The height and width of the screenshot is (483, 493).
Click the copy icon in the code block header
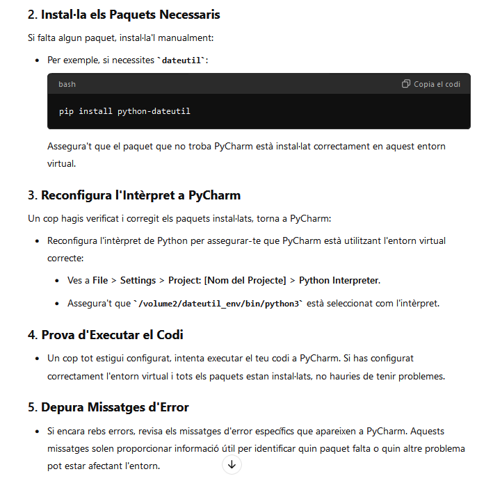click(406, 84)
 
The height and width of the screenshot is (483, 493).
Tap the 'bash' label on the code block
click(67, 84)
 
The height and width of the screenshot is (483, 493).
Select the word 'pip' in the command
click(66, 111)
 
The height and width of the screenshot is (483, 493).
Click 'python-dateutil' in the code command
click(154, 111)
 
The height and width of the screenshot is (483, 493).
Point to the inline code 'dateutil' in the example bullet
click(183, 60)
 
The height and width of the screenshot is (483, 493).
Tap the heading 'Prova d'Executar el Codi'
click(112, 335)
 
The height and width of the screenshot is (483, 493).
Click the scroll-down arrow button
click(232, 465)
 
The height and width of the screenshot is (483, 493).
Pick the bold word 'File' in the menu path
click(100, 280)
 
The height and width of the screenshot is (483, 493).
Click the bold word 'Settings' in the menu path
click(138, 280)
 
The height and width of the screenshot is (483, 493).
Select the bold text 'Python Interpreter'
click(339, 280)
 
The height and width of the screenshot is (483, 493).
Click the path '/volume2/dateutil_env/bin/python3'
click(220, 304)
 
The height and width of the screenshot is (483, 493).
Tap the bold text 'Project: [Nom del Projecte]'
click(227, 280)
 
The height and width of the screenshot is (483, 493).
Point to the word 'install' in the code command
click(95, 111)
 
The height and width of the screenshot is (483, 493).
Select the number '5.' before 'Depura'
click(33, 407)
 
